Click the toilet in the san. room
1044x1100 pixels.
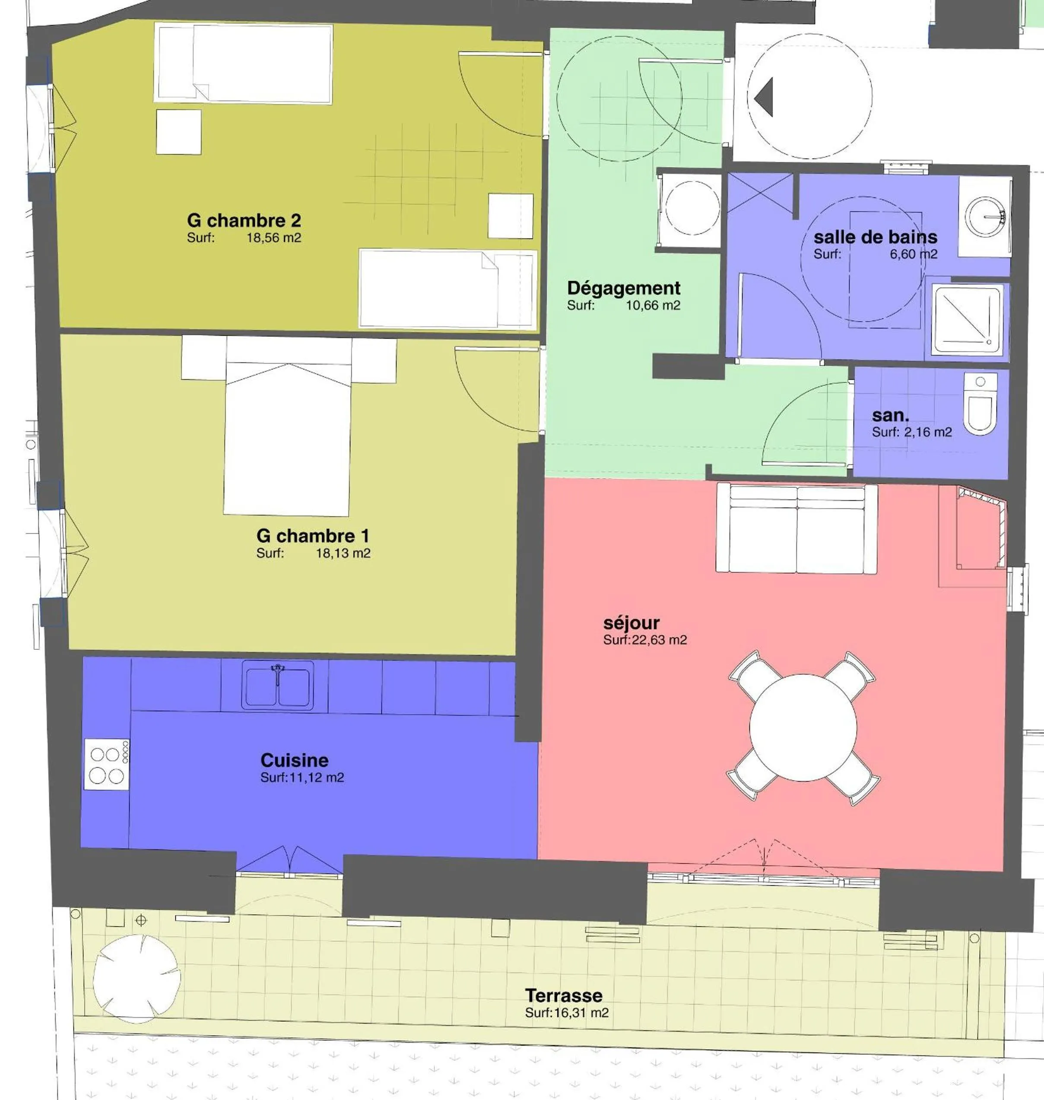980,404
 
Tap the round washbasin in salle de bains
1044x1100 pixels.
984,216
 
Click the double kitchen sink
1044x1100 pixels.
277,686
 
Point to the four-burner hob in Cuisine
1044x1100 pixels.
106,764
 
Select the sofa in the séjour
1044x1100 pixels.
796,528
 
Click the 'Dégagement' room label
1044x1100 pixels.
623,288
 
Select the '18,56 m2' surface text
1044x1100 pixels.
274,238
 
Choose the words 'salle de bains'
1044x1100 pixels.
875,238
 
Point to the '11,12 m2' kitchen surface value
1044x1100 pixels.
316,778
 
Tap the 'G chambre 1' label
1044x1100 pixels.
312,536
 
